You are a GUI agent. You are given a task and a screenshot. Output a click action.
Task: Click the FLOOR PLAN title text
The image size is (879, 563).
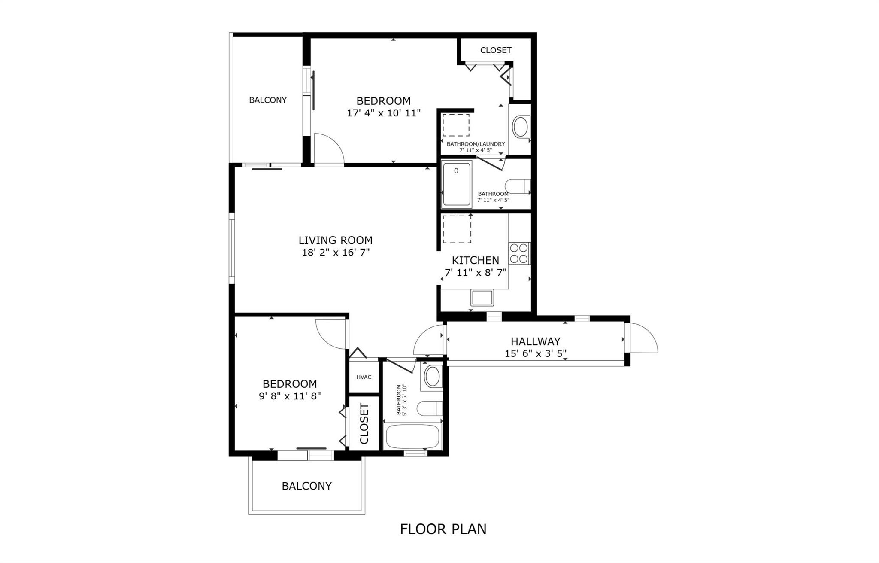point(443,529)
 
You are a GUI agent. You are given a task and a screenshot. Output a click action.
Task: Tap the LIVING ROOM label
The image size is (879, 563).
point(335,240)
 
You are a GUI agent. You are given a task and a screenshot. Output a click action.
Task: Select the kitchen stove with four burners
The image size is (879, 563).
point(519,253)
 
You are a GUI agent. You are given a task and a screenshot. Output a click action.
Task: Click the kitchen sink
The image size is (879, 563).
point(482,297)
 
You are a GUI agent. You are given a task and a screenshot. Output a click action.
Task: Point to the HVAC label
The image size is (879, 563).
point(364,377)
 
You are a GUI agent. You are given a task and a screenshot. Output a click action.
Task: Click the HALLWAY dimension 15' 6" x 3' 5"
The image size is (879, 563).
point(535,353)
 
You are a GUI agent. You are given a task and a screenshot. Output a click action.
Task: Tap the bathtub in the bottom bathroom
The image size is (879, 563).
point(412,437)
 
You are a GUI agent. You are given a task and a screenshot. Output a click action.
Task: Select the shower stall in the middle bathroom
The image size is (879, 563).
point(457,184)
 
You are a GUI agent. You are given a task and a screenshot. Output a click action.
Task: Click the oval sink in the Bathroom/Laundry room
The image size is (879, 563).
point(521,127)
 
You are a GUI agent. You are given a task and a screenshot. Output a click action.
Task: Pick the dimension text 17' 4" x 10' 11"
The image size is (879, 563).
point(383,113)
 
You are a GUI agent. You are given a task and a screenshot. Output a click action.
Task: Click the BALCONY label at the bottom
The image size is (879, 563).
point(306,486)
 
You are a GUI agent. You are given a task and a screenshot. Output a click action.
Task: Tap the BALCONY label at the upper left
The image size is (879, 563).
point(267,100)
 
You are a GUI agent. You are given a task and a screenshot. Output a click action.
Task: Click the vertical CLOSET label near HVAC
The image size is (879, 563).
point(364,423)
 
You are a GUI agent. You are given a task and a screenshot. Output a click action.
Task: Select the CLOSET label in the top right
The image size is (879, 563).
point(495,50)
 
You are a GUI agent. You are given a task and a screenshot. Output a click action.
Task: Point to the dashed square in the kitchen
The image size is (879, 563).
point(457,229)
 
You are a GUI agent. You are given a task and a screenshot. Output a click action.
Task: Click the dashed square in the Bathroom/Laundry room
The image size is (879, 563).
point(456,125)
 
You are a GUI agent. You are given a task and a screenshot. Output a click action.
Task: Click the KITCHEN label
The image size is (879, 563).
point(475,260)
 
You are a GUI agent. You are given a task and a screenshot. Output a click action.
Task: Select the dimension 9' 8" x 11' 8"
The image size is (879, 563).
point(290,396)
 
